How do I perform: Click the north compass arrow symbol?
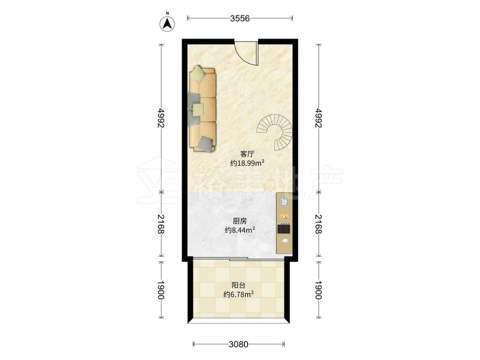pyautogui.click(x=168, y=23)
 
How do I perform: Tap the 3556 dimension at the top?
pyautogui.click(x=240, y=19)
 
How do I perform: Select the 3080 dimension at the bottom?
pyautogui.click(x=239, y=344)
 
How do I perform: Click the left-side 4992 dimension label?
pyautogui.click(x=161, y=118)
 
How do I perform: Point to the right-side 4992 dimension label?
pyautogui.click(x=319, y=118)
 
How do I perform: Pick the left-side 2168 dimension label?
pyautogui.click(x=161, y=224)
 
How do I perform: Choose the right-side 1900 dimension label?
pyautogui.click(x=319, y=290)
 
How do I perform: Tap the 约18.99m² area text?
pyautogui.click(x=247, y=163)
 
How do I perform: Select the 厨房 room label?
pyautogui.click(x=240, y=221)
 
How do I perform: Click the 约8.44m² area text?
pyautogui.click(x=240, y=230)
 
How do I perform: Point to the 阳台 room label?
pyautogui.click(x=239, y=286)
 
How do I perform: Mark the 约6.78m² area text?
pyautogui.click(x=239, y=295)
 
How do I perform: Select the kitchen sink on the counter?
pyautogui.click(x=284, y=202)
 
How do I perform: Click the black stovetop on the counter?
pyautogui.click(x=284, y=229)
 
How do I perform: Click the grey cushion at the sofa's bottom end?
pyautogui.click(x=205, y=143)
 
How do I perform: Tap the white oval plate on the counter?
pyautogui.click(x=285, y=240)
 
